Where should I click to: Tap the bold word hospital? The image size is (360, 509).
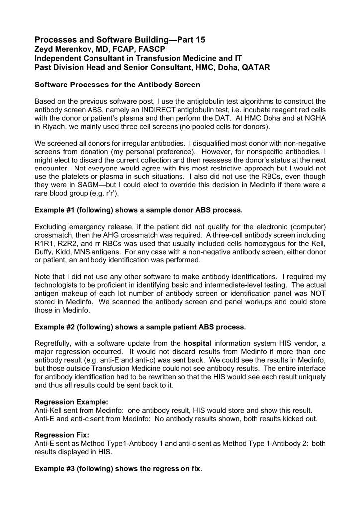coord(198,343)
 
